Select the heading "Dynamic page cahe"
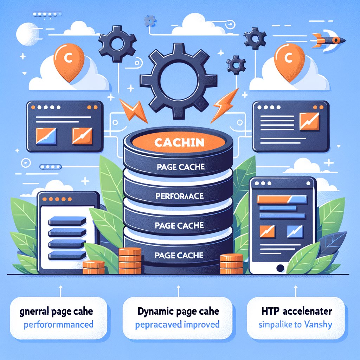point(179,311)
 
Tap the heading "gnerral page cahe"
point(59,311)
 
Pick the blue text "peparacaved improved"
point(178,324)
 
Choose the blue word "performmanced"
point(59,324)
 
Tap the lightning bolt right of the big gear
point(223,104)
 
